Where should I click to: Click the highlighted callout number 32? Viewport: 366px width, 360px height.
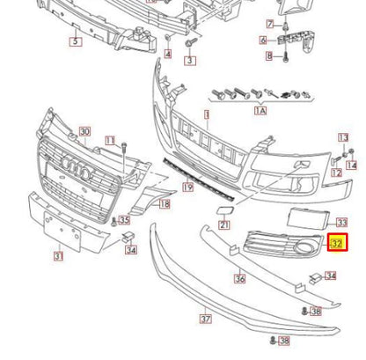tap(337, 242)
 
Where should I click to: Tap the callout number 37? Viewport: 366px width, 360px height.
tap(206, 320)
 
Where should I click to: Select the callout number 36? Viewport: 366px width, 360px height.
tap(239, 279)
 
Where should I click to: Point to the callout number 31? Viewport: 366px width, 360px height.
tap(58, 257)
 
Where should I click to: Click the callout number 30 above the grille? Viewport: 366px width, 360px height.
tap(84, 132)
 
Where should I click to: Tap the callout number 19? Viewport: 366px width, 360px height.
tap(187, 187)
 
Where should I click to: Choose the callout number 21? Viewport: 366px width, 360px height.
tap(225, 225)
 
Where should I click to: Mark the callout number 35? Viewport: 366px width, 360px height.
tap(124, 220)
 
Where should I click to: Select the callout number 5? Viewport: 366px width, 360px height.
tap(76, 40)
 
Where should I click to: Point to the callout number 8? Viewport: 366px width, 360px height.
tap(270, 56)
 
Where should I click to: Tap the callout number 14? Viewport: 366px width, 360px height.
tap(352, 165)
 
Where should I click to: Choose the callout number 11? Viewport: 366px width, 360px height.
tap(110, 140)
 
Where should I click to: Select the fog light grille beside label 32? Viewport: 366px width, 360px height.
tap(286, 246)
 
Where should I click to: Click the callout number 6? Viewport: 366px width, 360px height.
tap(263, 40)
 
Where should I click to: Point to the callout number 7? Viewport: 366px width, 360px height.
tap(270, 24)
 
